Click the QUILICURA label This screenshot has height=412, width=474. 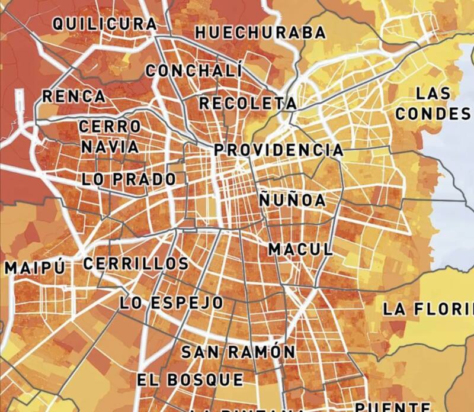105,24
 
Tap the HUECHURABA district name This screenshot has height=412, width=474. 261,33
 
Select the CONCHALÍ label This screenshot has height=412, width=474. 194,70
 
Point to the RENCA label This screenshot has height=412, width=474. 74,96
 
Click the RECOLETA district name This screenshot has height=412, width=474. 248,103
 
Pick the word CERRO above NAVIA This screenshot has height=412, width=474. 110,127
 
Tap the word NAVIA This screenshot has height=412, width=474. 110,146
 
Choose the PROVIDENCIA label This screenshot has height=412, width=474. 278,150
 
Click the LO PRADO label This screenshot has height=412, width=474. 129,179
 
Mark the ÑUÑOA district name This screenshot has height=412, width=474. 292,200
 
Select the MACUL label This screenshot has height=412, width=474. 300,249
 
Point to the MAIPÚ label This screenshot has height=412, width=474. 34,268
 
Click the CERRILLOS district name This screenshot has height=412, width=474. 136,264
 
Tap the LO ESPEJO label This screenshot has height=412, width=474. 172,303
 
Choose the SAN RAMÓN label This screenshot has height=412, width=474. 238,352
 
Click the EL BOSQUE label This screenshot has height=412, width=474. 190,379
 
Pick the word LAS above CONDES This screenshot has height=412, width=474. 433,94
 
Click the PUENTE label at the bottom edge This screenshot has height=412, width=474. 393,406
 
